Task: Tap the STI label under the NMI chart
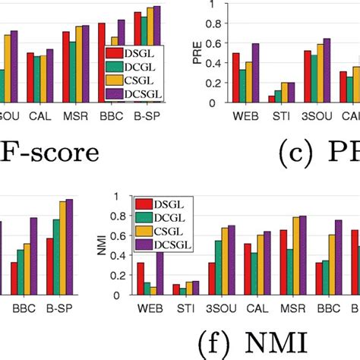[x=182, y=309]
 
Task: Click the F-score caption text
[x=50, y=152]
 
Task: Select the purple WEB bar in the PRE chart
[x=254, y=73]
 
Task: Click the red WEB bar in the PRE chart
[x=235, y=77]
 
